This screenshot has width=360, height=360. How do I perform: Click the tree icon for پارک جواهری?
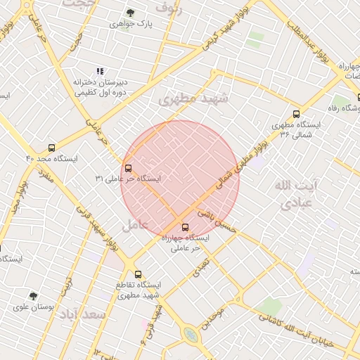(130, 13)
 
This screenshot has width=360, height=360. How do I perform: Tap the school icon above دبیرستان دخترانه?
(100, 71)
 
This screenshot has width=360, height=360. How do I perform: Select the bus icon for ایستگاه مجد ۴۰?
(51, 148)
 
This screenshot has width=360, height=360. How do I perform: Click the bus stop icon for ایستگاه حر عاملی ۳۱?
(128, 169)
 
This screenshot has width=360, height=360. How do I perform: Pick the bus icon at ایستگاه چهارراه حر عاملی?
(186, 227)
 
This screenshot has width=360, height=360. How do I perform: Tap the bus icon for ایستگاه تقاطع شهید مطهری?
(138, 274)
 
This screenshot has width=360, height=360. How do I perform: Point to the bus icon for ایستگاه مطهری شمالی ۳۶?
(296, 114)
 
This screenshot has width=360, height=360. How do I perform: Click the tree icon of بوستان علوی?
(33, 296)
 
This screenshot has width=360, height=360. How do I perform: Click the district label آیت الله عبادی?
(295, 195)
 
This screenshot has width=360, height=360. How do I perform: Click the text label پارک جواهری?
(136, 23)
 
